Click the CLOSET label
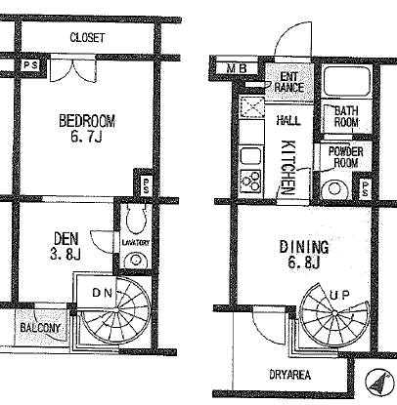[87, 37]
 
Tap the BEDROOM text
[87, 121]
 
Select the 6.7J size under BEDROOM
[86, 137]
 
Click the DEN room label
[66, 239]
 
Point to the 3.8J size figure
[66, 255]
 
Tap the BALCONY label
[40, 328]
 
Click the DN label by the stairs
[103, 293]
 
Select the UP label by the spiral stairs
[339, 295]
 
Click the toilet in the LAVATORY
[136, 220]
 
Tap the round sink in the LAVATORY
[135, 260]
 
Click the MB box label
[237, 68]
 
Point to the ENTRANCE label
[289, 82]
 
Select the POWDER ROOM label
[345, 157]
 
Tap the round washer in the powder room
[334, 188]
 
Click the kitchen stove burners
[250, 181]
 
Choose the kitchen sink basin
[250, 156]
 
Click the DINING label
[304, 247]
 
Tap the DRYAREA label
[289, 375]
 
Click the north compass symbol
[380, 382]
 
